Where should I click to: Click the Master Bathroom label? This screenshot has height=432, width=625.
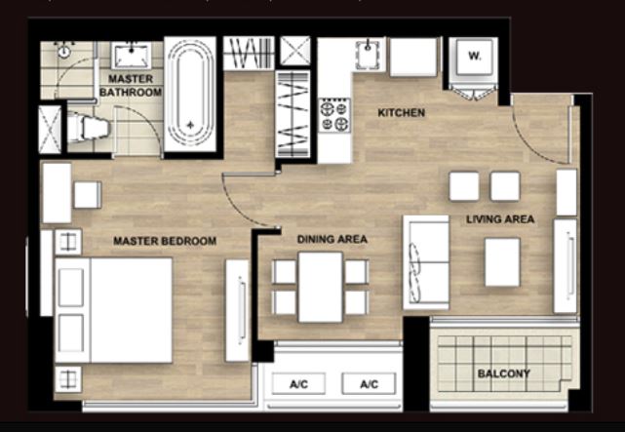tap(131, 85)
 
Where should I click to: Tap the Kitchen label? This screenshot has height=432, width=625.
tap(402, 113)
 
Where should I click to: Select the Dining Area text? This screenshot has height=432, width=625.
tap(332, 239)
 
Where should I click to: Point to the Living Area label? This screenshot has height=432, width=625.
tap(500, 219)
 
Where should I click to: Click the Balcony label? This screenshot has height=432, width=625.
tap(504, 373)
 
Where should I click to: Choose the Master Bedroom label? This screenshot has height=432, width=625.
tap(165, 241)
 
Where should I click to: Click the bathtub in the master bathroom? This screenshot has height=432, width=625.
tap(190, 95)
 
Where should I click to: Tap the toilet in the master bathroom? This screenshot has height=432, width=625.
tap(89, 128)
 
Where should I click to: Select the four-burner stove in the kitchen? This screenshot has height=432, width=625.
tap(334, 115)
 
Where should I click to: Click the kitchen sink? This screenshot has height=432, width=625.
tap(368, 55)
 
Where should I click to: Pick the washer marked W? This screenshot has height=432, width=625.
tap(474, 57)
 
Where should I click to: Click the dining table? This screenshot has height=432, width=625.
tap(321, 287)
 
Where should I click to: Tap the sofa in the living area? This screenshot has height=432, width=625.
tap(426, 262)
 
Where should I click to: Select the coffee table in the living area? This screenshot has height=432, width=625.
tap(502, 262)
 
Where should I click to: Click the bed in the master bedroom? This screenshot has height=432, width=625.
tap(114, 310)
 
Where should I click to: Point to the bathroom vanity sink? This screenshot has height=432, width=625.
tap(131, 56)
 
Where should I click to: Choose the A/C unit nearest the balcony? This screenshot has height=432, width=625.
tap(370, 384)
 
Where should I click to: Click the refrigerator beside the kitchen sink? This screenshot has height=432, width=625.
tap(413, 57)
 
